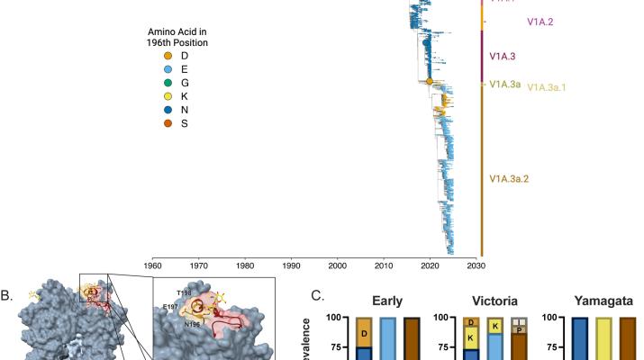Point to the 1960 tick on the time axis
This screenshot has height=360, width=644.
click(x=152, y=265)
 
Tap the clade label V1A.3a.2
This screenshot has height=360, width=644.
click(x=508, y=179)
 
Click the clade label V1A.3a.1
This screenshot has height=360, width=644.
click(x=546, y=87)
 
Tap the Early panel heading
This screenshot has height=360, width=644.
click(x=387, y=301)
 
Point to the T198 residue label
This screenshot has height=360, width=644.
click(x=186, y=293)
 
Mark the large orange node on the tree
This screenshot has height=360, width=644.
click(x=430, y=82)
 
